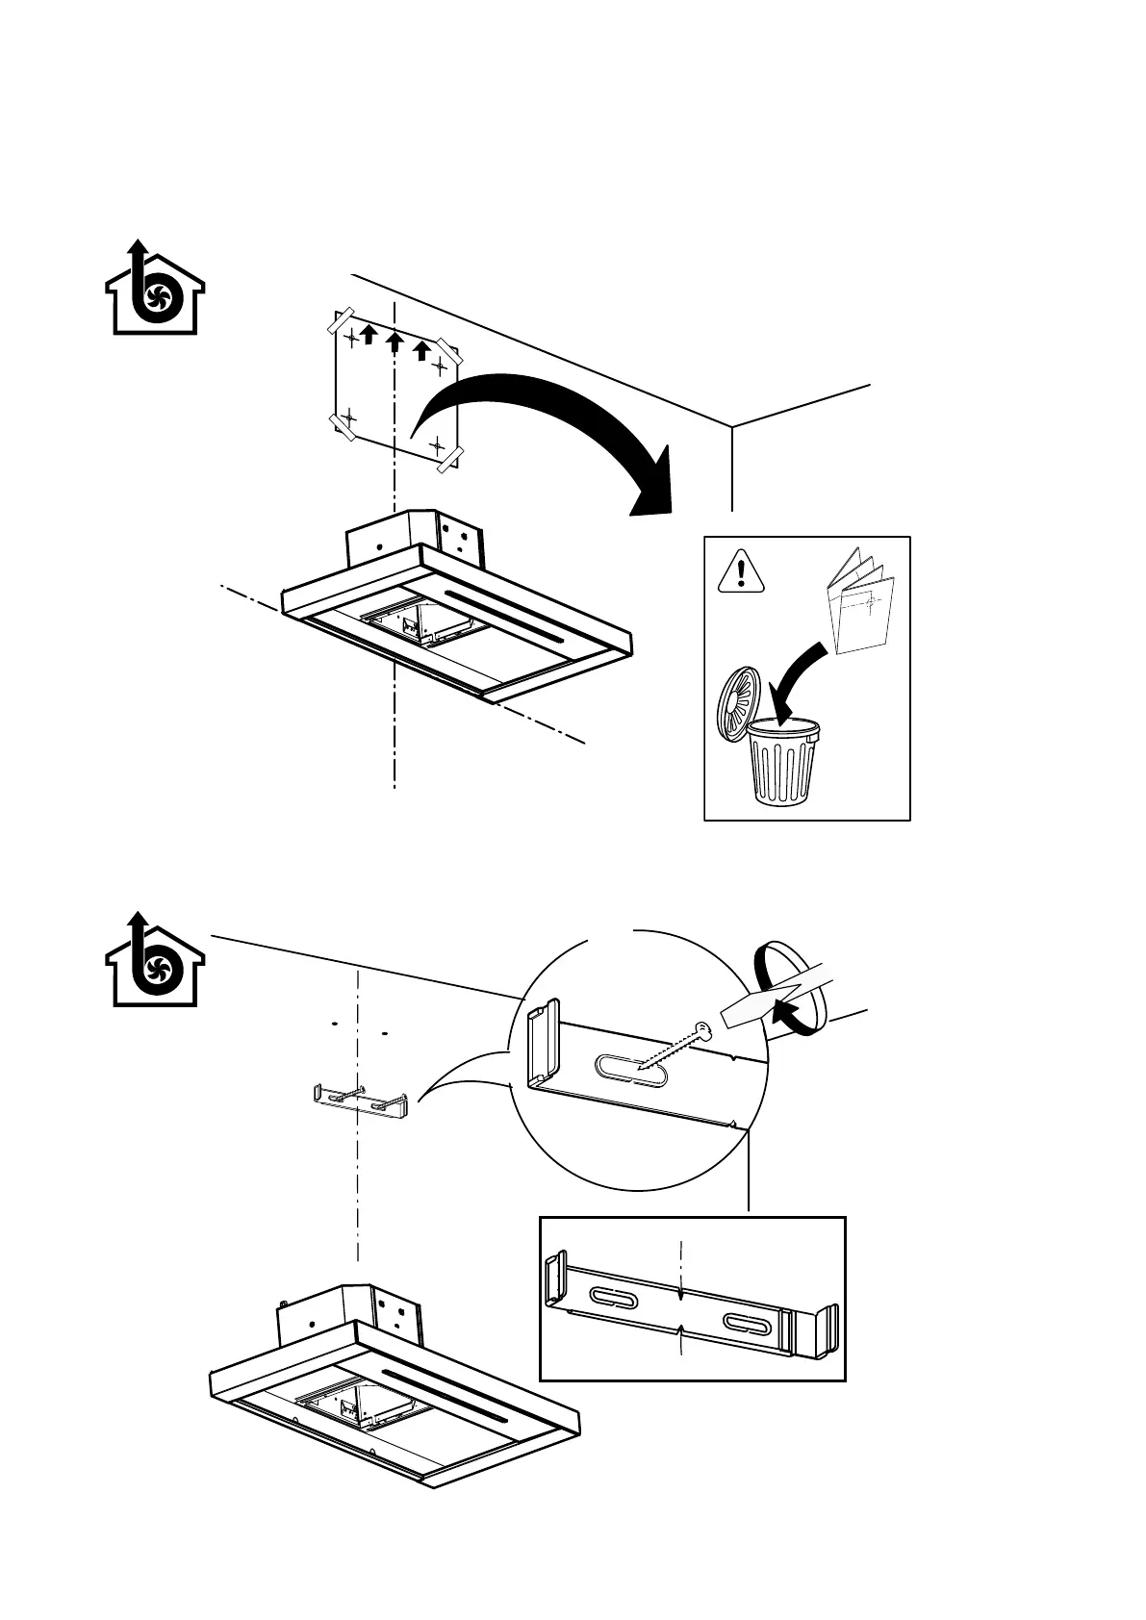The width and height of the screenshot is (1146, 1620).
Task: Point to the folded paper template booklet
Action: click(x=861, y=603)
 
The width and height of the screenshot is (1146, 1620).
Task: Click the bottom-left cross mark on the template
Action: click(x=348, y=418)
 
